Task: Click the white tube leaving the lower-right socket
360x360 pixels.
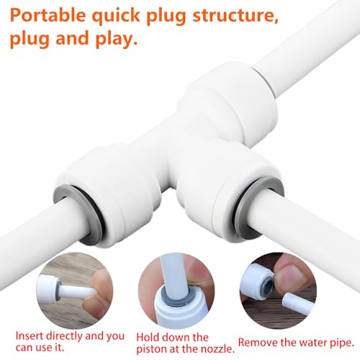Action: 317,230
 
